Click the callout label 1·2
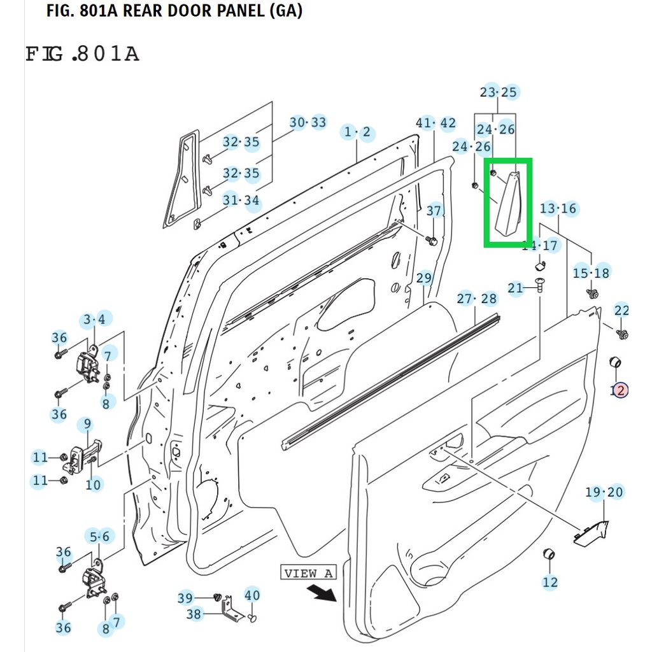(357, 132)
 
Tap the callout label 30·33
(308, 122)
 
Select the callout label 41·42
(436, 123)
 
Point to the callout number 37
(434, 211)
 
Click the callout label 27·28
(476, 299)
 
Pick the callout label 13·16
(558, 208)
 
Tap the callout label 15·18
(591, 273)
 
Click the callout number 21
(515, 288)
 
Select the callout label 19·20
(604, 492)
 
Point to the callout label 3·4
(95, 319)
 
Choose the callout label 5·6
(100, 537)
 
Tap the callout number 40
(252, 595)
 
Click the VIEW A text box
(308, 573)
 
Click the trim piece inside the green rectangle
(509, 204)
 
